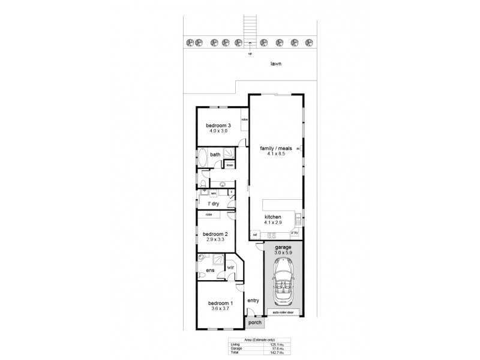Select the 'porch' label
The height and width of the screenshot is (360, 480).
[255, 323]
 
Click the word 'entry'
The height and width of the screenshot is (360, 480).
[253, 301]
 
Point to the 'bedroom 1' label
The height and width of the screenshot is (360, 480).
[215, 303]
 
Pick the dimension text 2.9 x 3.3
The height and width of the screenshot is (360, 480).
[215, 239]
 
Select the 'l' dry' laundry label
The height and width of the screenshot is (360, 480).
[213, 204]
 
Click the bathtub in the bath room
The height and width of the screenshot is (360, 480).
[203, 158]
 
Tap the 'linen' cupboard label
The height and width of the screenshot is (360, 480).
[229, 165]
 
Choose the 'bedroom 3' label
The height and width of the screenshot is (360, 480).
[218, 125]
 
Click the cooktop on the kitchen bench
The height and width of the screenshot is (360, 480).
[271, 235]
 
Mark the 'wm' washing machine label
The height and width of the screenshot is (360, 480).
[213, 193]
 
